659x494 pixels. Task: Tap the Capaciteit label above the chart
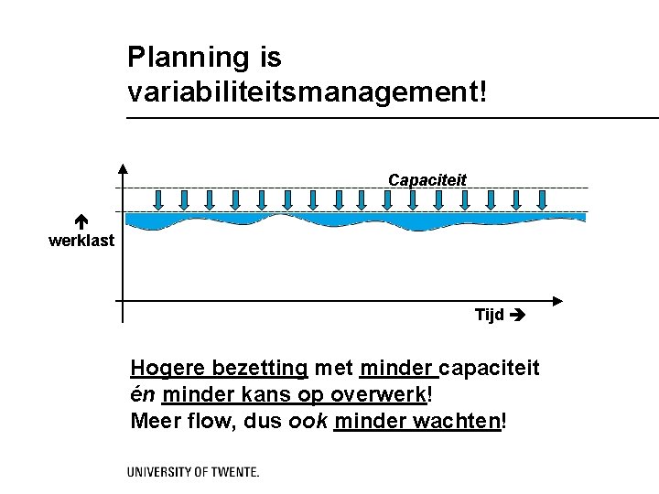(427, 179)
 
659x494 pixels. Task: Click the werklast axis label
(81, 241)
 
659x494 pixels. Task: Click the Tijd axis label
(489, 316)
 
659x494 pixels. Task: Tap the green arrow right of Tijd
(518, 316)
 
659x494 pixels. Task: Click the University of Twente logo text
(192, 473)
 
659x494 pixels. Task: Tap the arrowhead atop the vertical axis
(124, 168)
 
